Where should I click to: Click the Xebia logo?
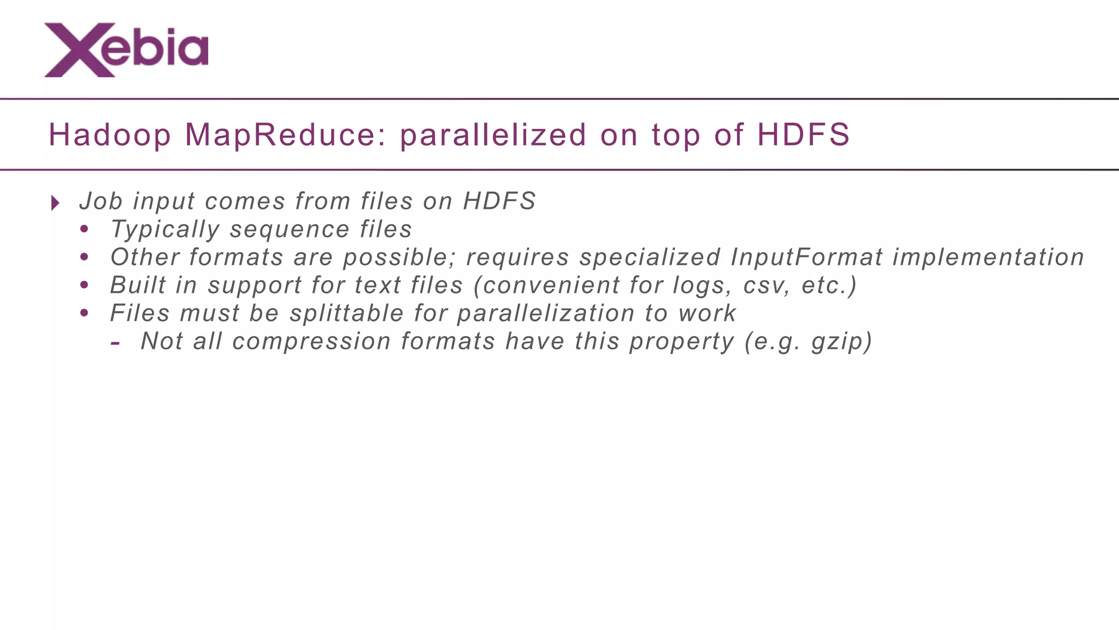126,50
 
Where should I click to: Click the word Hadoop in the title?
110,135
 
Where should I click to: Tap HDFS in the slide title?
803,135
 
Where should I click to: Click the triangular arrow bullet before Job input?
55,203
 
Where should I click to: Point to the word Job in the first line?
101,201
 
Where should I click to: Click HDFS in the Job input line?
499,201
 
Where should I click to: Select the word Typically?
164,230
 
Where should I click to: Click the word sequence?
289,230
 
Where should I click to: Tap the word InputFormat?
806,258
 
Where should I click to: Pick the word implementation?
988,258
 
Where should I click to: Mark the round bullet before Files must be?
84,313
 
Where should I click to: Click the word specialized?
650,258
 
